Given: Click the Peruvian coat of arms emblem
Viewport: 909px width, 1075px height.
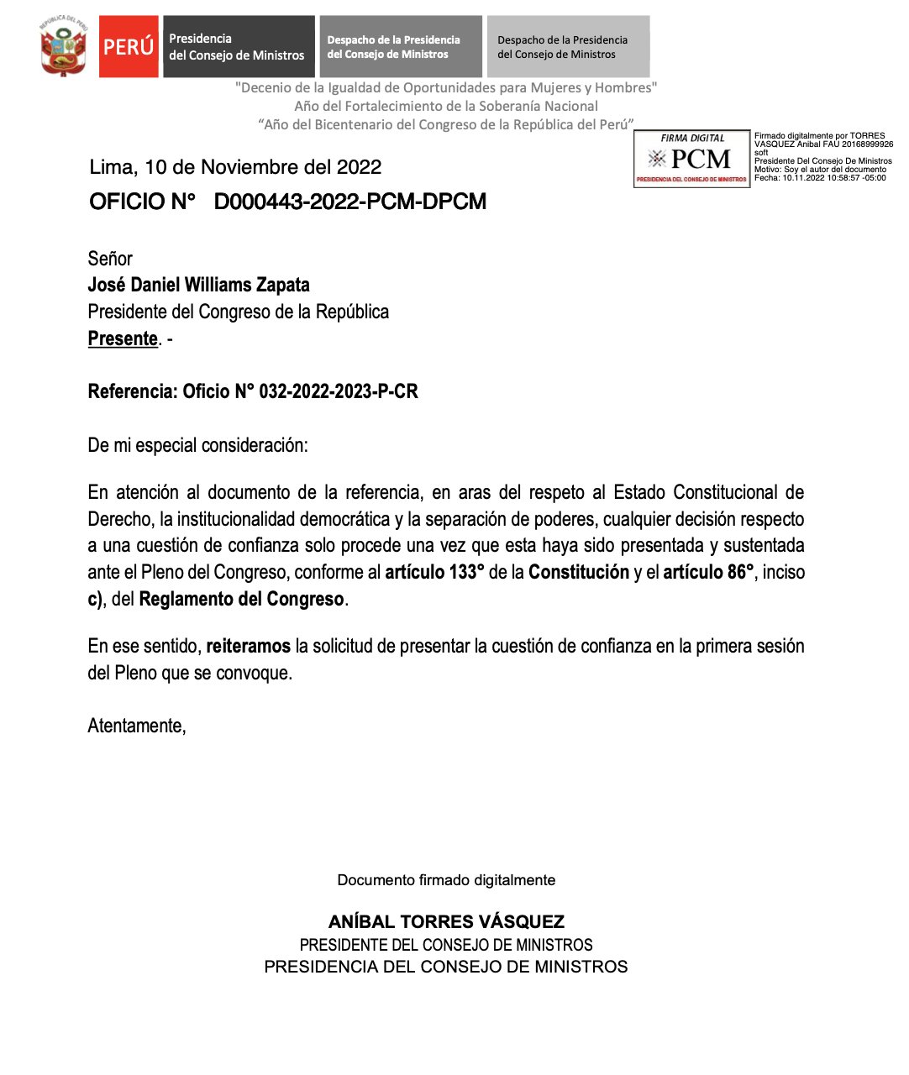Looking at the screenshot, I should tap(63, 47).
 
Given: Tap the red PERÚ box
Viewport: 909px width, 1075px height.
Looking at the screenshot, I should tap(129, 47).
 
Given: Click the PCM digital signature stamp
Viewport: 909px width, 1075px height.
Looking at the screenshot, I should tap(691, 159).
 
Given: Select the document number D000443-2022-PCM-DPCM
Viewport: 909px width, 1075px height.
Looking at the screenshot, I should tap(349, 202).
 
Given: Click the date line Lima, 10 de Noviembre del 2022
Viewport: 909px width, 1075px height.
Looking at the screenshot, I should tap(235, 167).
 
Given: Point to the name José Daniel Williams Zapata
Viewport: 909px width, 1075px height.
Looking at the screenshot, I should tap(199, 285).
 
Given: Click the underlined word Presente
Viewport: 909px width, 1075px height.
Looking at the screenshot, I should tap(123, 338).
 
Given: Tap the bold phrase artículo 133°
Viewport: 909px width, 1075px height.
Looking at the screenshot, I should tap(434, 573).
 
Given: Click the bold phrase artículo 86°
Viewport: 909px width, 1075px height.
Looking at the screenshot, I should tap(708, 573).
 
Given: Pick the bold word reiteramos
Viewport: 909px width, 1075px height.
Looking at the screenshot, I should tap(248, 647).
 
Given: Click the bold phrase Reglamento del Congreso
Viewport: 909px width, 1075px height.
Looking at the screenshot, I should tap(241, 600).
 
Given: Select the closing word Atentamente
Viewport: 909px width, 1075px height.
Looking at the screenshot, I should tap(136, 726).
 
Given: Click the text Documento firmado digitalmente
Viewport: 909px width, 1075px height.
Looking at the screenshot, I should tap(446, 880).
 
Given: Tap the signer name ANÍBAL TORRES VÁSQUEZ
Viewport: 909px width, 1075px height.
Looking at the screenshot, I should tap(446, 921).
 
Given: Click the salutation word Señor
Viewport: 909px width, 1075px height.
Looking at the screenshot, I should tap(110, 259).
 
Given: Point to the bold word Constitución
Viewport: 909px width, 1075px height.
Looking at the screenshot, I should tap(579, 573).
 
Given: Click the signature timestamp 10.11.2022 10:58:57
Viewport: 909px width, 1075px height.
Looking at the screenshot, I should tap(822, 178).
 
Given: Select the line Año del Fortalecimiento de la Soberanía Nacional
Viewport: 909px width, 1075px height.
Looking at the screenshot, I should tap(446, 106).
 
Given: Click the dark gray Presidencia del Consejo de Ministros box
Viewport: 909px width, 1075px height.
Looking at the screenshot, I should tap(239, 47).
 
